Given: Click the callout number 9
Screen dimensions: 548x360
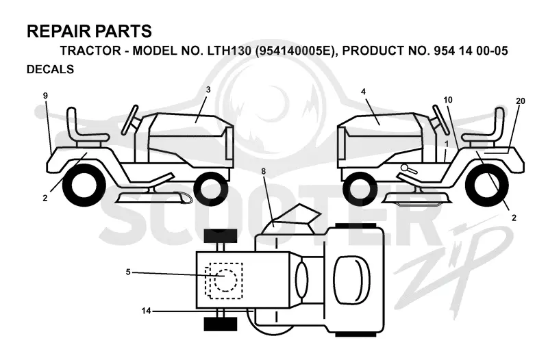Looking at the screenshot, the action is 45,96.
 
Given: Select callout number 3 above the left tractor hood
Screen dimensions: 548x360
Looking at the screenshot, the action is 208,90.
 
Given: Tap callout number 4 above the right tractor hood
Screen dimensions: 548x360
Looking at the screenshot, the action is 364,92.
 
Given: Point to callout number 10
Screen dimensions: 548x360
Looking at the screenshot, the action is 448,100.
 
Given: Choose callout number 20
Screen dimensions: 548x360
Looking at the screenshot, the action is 521,101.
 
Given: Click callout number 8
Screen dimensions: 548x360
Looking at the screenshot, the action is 263,172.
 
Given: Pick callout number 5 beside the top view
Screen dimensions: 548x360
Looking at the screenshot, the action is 128,272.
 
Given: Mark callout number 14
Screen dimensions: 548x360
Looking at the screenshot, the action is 146,311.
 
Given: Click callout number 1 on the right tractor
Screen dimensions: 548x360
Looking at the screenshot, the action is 447,144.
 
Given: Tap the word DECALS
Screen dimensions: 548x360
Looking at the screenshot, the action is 50,69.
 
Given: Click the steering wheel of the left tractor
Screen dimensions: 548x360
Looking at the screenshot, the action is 129,120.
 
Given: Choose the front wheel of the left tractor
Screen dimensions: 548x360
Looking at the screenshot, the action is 211,189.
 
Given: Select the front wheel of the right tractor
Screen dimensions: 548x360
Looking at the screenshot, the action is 360,189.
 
